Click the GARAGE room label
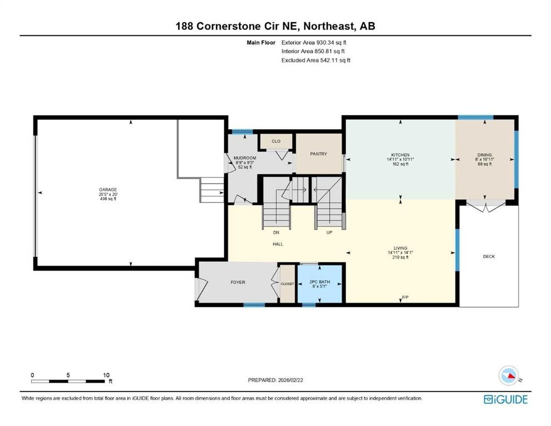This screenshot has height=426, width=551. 104,190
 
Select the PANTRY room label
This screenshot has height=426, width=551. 319,154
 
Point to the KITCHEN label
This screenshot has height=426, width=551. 400,155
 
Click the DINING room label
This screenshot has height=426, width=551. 484,155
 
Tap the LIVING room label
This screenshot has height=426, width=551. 400,248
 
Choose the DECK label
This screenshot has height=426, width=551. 488,256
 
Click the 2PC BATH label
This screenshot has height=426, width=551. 319,282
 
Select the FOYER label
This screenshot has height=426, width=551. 237,282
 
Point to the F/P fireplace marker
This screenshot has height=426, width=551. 405,298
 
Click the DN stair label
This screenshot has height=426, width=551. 276,232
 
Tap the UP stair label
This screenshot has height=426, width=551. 329,232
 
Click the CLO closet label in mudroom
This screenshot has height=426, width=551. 276,141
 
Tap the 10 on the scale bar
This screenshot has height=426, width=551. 105,374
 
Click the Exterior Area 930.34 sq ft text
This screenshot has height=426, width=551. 315,42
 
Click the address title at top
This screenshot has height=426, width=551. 275,26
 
